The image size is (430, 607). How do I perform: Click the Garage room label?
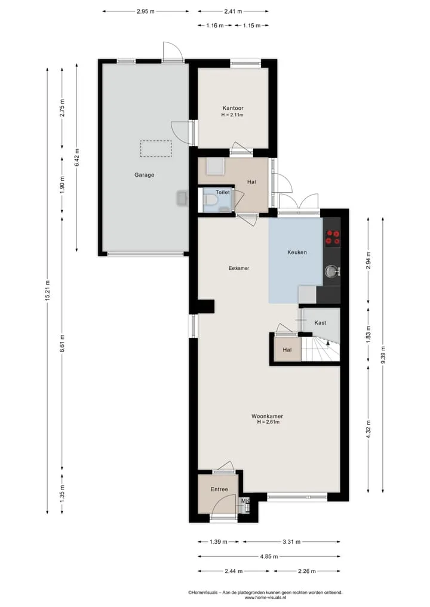tap(144, 175)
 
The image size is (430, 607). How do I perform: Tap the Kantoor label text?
tap(233, 108)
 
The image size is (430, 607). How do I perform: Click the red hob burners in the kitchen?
tap(333, 238)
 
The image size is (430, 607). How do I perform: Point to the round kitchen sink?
tap(331, 272)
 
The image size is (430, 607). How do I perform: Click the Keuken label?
tap(297, 252)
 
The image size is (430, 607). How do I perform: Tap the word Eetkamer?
tap(239, 268)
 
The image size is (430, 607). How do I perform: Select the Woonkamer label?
tap(268, 416)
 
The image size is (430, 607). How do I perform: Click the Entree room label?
tap(219, 489)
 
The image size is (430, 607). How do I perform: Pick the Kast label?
tap(320, 322)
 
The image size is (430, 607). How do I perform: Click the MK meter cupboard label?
tap(245, 501)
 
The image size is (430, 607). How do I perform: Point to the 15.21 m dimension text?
tap(47, 290)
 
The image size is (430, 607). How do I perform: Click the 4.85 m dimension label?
tap(269, 556)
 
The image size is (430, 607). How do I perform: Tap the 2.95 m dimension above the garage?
tap(145, 11)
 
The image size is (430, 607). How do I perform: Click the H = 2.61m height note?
tap(268, 422)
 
